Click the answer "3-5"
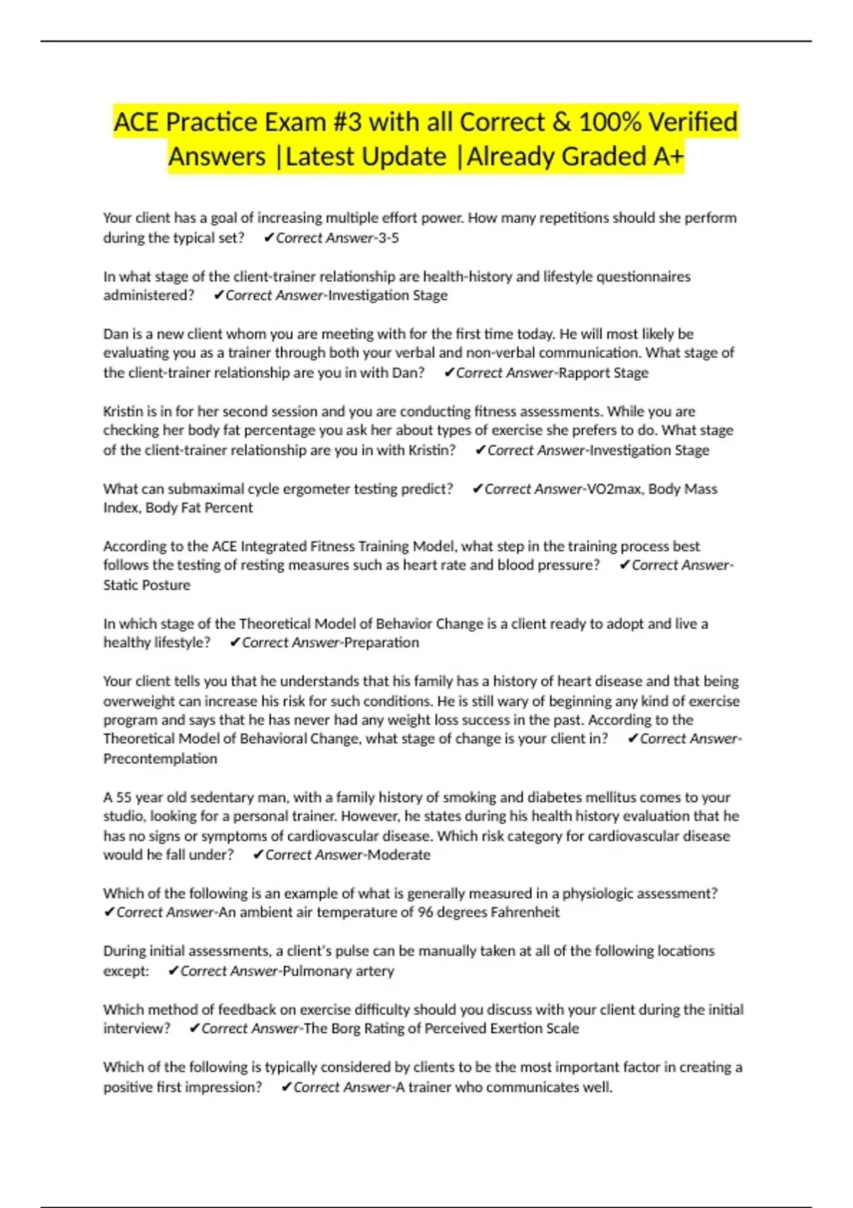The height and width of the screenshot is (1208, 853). coord(389,238)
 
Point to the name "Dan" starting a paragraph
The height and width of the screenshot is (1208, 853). coord(116,334)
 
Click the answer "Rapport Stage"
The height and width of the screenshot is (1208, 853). coord(603,373)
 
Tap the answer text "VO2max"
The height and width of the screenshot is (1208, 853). coord(613,489)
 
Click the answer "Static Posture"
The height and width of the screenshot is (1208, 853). coord(146,586)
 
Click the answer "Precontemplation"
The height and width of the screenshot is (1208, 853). coord(160,759)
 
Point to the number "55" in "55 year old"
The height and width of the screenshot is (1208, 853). coord(124,798)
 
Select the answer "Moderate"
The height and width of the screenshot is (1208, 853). coord(399,855)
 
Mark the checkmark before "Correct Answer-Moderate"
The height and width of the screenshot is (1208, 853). coord(258,855)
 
